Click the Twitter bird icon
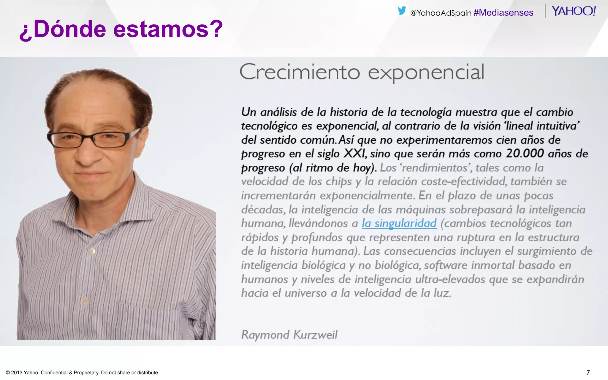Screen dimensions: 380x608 (402, 11)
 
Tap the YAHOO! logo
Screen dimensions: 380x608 (574, 11)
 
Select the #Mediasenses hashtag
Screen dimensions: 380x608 (503, 12)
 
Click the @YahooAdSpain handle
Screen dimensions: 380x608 (441, 13)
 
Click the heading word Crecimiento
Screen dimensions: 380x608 (300, 72)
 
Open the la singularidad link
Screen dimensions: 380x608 (399, 223)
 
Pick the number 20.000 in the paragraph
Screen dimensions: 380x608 (525, 153)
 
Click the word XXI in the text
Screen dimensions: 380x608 (354, 153)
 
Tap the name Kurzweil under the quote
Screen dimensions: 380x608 (315, 335)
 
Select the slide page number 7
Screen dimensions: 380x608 (588, 373)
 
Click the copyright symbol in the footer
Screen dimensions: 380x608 (8, 373)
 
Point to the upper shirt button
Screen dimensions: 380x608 (92, 251)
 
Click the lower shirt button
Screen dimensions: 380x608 (85, 301)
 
